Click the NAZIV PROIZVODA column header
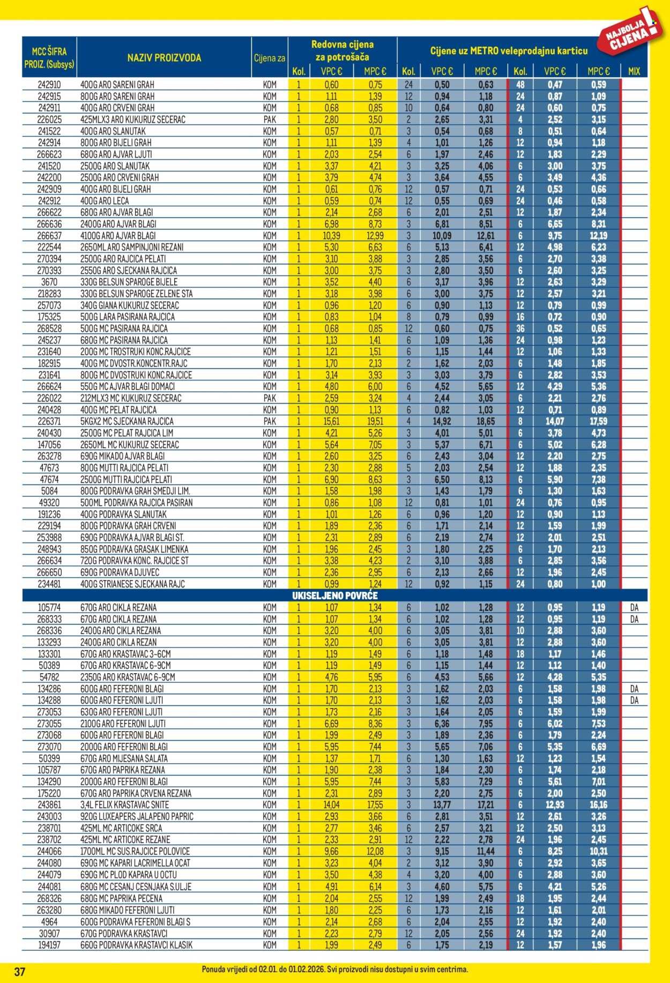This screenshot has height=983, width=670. point(164,58)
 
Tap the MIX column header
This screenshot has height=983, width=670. point(634,71)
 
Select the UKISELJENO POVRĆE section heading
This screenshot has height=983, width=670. point(334,595)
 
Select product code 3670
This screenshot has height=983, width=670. point(49,282)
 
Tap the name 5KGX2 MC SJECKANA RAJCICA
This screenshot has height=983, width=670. point(126,421)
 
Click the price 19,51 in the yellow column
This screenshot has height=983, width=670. point(375,421)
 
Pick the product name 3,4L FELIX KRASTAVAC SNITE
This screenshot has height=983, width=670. point(124,805)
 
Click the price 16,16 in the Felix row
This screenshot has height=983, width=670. point(598,805)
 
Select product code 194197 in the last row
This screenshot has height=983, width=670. point(49,945)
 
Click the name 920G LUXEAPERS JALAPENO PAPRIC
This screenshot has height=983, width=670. point(137,817)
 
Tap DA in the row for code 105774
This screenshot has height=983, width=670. point(634,608)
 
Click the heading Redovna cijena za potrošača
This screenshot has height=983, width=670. point(343,50)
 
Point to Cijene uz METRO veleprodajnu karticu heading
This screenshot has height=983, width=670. point(509,51)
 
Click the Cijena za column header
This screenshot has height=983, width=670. point(270,58)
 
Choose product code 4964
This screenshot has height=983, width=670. point(49,922)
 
